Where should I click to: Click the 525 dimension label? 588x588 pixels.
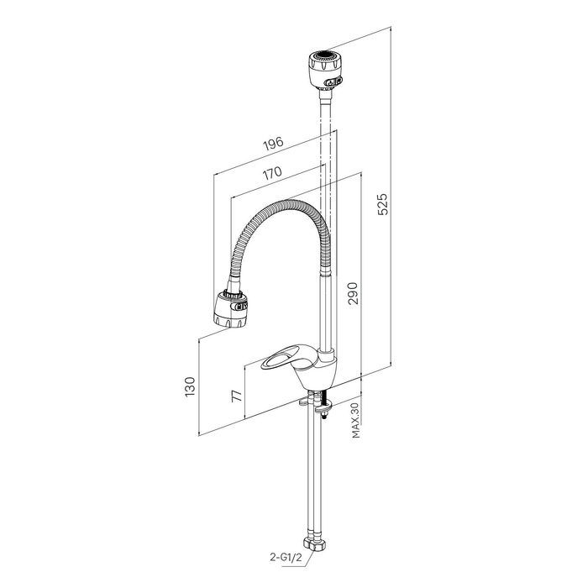383,204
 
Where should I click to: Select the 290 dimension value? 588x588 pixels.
353,293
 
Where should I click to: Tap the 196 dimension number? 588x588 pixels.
273,143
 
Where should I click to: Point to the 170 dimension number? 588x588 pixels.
271,173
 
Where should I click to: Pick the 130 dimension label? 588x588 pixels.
190,386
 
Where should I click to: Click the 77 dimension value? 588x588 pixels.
237,396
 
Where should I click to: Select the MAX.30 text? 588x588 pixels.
355,420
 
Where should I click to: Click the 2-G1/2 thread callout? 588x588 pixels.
286,557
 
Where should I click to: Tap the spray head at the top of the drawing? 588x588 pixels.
325,70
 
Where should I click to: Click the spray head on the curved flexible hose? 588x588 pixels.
231,308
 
